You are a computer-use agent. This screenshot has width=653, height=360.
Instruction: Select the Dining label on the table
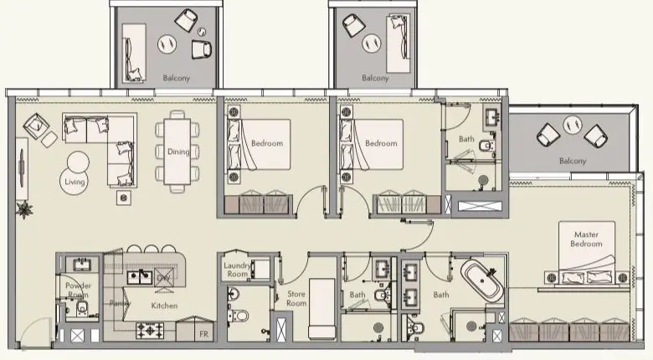(x=178, y=152)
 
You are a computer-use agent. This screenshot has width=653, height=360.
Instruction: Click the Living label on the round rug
(x=73, y=181)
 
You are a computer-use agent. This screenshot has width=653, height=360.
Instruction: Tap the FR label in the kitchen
(x=203, y=334)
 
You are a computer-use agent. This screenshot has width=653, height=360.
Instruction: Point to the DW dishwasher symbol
(x=164, y=276)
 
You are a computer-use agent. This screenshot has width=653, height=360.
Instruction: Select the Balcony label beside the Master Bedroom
(x=573, y=161)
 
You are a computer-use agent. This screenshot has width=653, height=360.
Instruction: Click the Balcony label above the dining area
(x=177, y=78)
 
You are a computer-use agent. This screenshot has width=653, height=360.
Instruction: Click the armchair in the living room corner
(x=36, y=126)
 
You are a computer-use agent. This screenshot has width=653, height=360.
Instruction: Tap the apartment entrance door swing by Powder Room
(x=38, y=335)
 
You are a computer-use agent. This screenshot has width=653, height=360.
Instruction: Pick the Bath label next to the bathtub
(x=440, y=295)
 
